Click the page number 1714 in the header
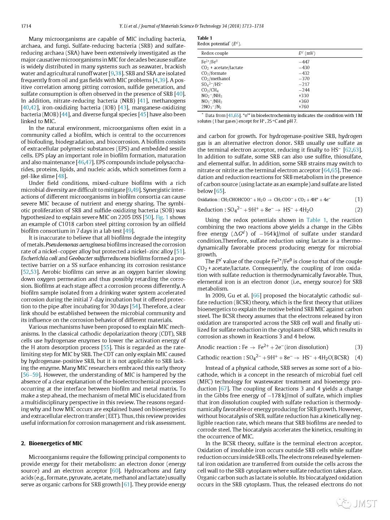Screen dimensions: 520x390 pos(26,26)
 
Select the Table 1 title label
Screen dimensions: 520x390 pos(205,38)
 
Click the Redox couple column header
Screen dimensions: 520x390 pos(214,53)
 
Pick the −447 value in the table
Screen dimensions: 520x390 pos(304,62)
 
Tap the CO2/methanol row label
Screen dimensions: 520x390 pos(216,79)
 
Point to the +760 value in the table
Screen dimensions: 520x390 pos(304,107)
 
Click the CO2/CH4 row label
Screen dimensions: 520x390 pos(210,90)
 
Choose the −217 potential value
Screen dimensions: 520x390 pos(304,84)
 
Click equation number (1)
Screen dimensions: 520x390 pos(358,199)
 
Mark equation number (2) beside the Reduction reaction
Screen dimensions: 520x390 pos(358,210)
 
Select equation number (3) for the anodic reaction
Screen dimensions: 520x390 pos(358,347)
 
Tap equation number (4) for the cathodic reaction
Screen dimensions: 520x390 pos(358,357)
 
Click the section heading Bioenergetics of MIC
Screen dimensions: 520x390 pos(56,443)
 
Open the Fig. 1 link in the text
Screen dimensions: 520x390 pos(162,217)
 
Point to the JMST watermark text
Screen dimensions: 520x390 pos(365,503)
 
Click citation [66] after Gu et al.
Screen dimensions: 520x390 pos(256,296)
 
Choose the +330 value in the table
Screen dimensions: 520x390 pos(304,96)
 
